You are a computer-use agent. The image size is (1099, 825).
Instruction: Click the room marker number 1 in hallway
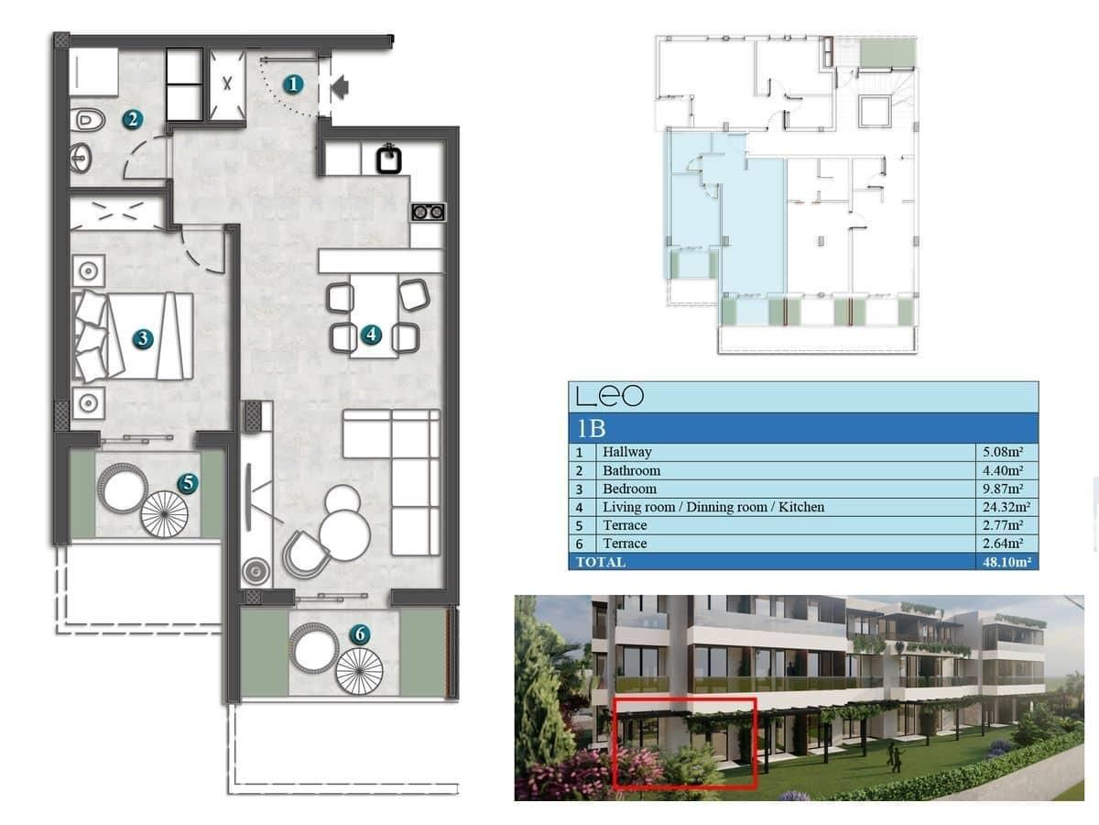(293, 84)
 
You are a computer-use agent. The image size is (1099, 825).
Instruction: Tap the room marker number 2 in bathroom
(133, 119)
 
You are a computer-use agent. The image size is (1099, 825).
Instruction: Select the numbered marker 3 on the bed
(142, 338)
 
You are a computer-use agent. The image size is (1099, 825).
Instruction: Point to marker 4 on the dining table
(370, 335)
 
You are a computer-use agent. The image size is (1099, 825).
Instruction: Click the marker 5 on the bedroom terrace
(188, 482)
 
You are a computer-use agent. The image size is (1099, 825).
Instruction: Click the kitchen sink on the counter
(390, 159)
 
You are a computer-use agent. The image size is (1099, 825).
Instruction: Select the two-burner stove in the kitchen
(428, 213)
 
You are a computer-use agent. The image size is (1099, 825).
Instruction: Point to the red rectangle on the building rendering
(684, 742)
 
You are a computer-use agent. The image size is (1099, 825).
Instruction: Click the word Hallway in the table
(626, 452)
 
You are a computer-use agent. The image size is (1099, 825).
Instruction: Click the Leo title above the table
(610, 396)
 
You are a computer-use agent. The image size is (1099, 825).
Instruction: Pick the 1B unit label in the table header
(592, 428)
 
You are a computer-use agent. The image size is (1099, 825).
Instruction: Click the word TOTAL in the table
(601, 562)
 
